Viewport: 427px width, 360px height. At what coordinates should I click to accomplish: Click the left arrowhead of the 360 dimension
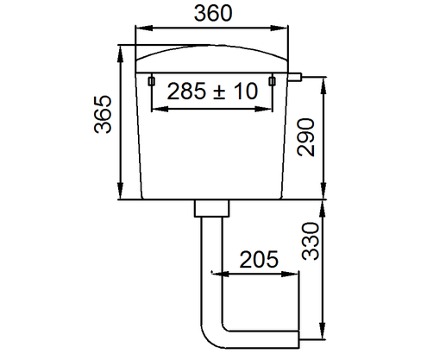[x=138, y=32]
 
